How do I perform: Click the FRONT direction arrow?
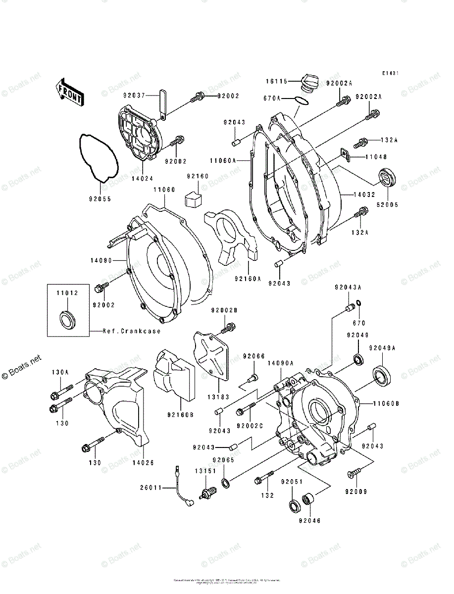[69, 93]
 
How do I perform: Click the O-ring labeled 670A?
[301, 101]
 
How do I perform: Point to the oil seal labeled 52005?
[388, 178]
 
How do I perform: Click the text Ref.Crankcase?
[132, 331]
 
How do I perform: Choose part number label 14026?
[143, 463]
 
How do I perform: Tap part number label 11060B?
[386, 404]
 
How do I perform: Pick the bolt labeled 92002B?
[229, 327]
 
